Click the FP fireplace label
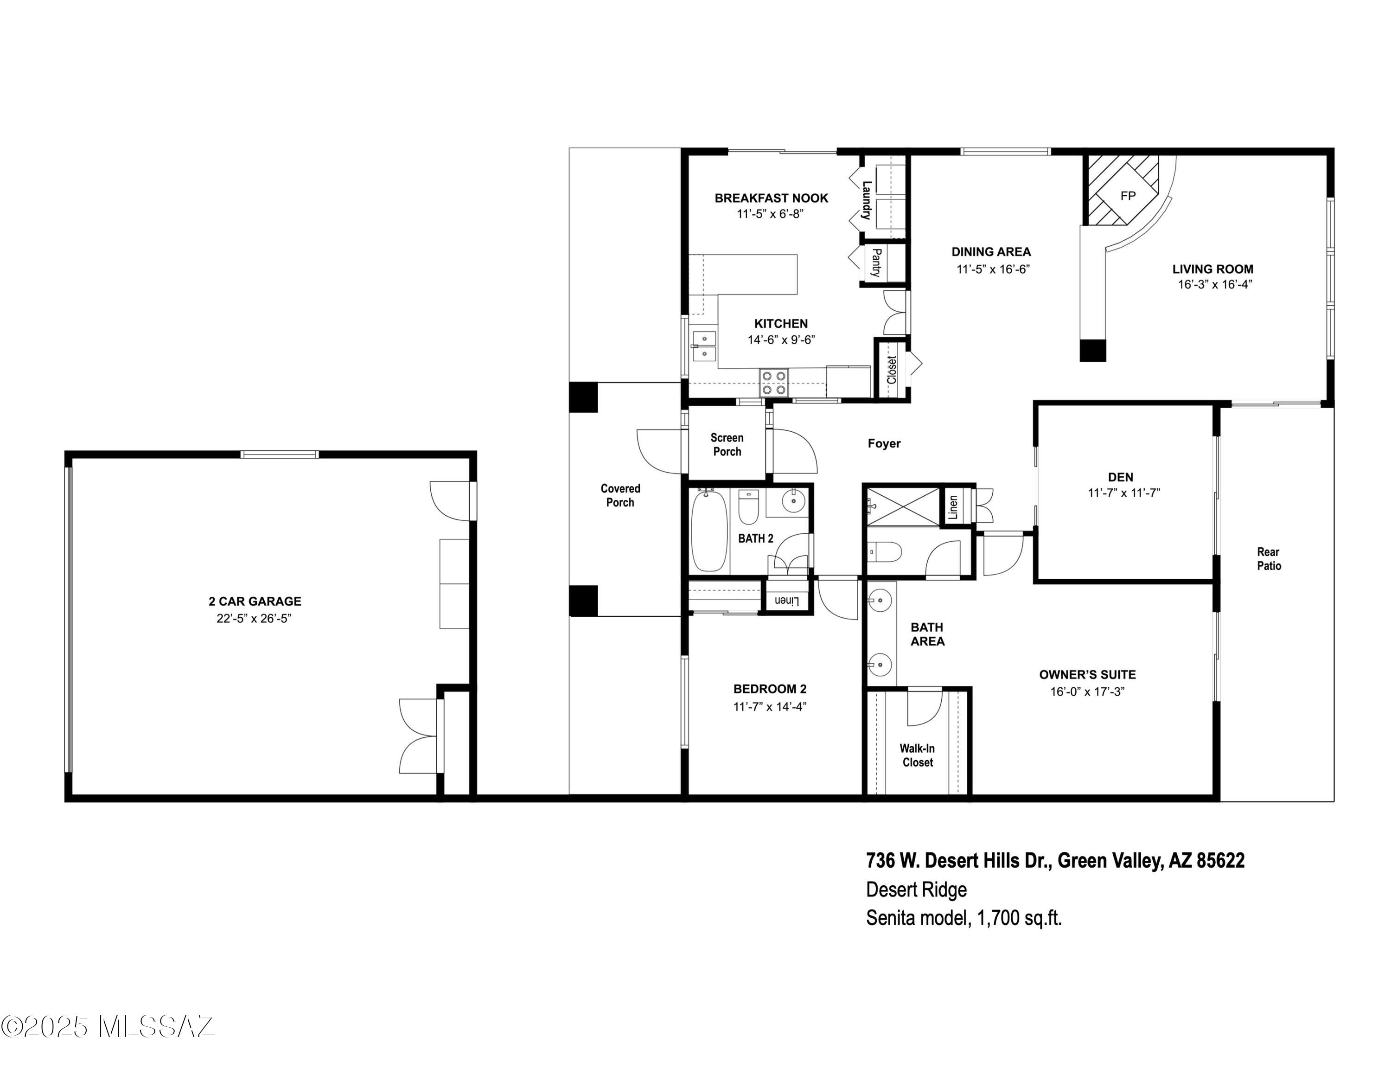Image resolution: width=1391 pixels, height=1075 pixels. (1127, 196)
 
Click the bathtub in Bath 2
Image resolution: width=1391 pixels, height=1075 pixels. (709, 531)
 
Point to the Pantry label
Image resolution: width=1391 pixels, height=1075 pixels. (876, 262)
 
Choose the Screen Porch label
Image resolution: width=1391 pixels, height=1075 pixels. (727, 445)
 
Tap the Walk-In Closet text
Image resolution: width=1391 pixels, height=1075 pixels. (917, 755)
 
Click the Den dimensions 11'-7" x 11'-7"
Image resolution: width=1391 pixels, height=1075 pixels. (1123, 493)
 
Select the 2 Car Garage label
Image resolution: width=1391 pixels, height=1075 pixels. (255, 601)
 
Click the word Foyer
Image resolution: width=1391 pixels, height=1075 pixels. (884, 443)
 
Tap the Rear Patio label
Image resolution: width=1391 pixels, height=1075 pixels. (1268, 558)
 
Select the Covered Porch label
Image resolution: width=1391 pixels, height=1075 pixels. (620, 495)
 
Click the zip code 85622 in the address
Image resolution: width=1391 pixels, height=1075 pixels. (1220, 861)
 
